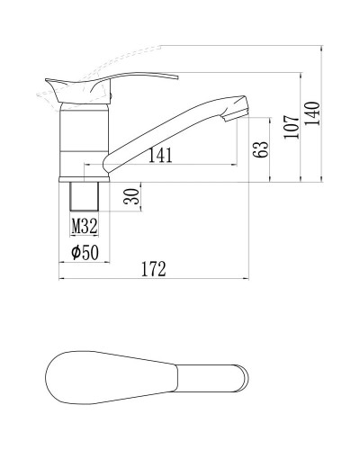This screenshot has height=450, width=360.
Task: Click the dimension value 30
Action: (133, 196)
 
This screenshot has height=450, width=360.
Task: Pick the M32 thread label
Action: (85, 226)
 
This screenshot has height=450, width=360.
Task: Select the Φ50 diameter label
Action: (84, 253)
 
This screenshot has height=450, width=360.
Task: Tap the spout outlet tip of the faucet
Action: (235, 111)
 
